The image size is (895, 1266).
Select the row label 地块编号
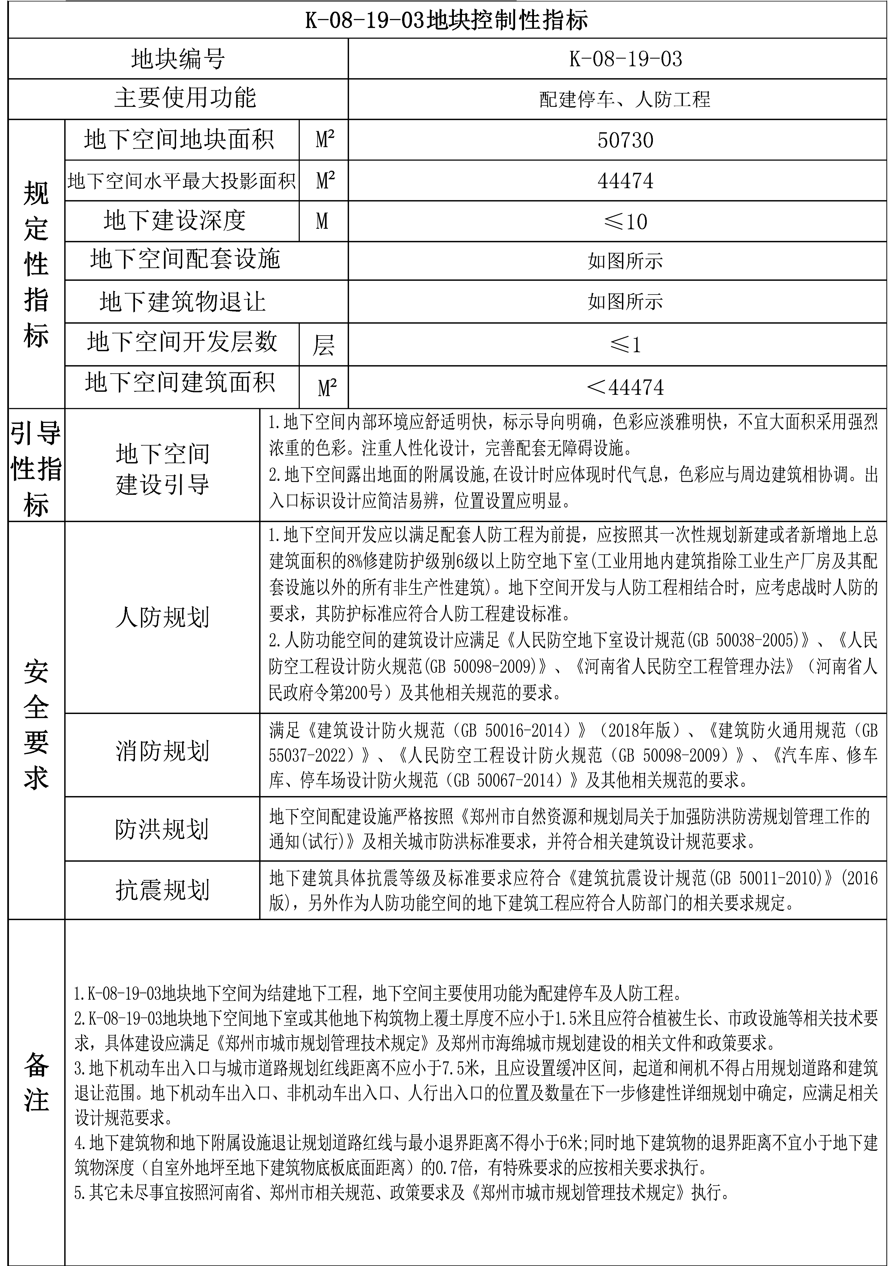[x=178, y=59]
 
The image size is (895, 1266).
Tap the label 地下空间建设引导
[x=162, y=469]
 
